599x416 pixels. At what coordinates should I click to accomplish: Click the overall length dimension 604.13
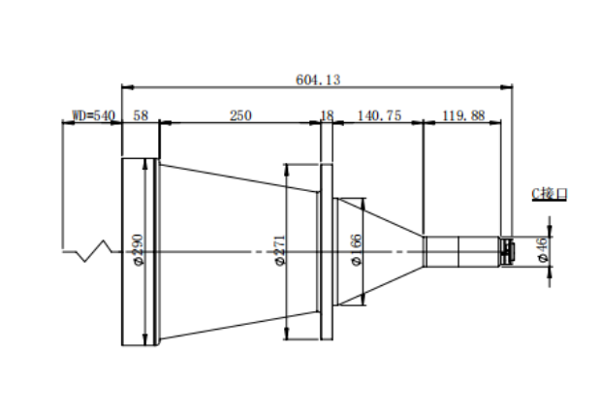pyautogui.click(x=318, y=80)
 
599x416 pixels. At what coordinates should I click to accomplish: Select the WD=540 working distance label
pyautogui.click(x=94, y=115)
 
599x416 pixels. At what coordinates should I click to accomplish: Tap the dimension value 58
pyautogui.click(x=141, y=115)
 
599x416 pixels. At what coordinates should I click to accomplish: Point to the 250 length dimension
pyautogui.click(x=240, y=115)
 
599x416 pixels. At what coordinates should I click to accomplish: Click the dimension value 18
pyautogui.click(x=327, y=115)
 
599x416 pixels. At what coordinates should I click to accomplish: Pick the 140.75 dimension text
pyautogui.click(x=379, y=115)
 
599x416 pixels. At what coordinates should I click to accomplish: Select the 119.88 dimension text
pyautogui.click(x=463, y=115)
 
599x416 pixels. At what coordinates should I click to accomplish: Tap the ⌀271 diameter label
pyautogui.click(x=280, y=250)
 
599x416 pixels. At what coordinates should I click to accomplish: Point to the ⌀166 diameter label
pyautogui.click(x=356, y=250)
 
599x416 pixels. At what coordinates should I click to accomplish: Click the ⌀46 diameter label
pyautogui.click(x=543, y=249)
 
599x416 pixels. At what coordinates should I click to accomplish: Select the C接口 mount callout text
pyautogui.click(x=550, y=194)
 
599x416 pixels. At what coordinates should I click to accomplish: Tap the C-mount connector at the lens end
pyautogui.click(x=507, y=251)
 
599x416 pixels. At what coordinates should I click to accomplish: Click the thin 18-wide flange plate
pyautogui.click(x=327, y=251)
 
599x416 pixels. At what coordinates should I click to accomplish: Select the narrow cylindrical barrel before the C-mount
pyautogui.click(x=461, y=251)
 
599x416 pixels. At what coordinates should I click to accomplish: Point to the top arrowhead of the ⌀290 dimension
pyautogui.click(x=144, y=165)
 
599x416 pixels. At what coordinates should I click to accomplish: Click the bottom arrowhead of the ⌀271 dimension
pyautogui.click(x=286, y=334)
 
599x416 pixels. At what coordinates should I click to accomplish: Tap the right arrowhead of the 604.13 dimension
pyautogui.click(x=507, y=87)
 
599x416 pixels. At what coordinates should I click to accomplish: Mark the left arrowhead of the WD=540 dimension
pyautogui.click(x=68, y=123)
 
